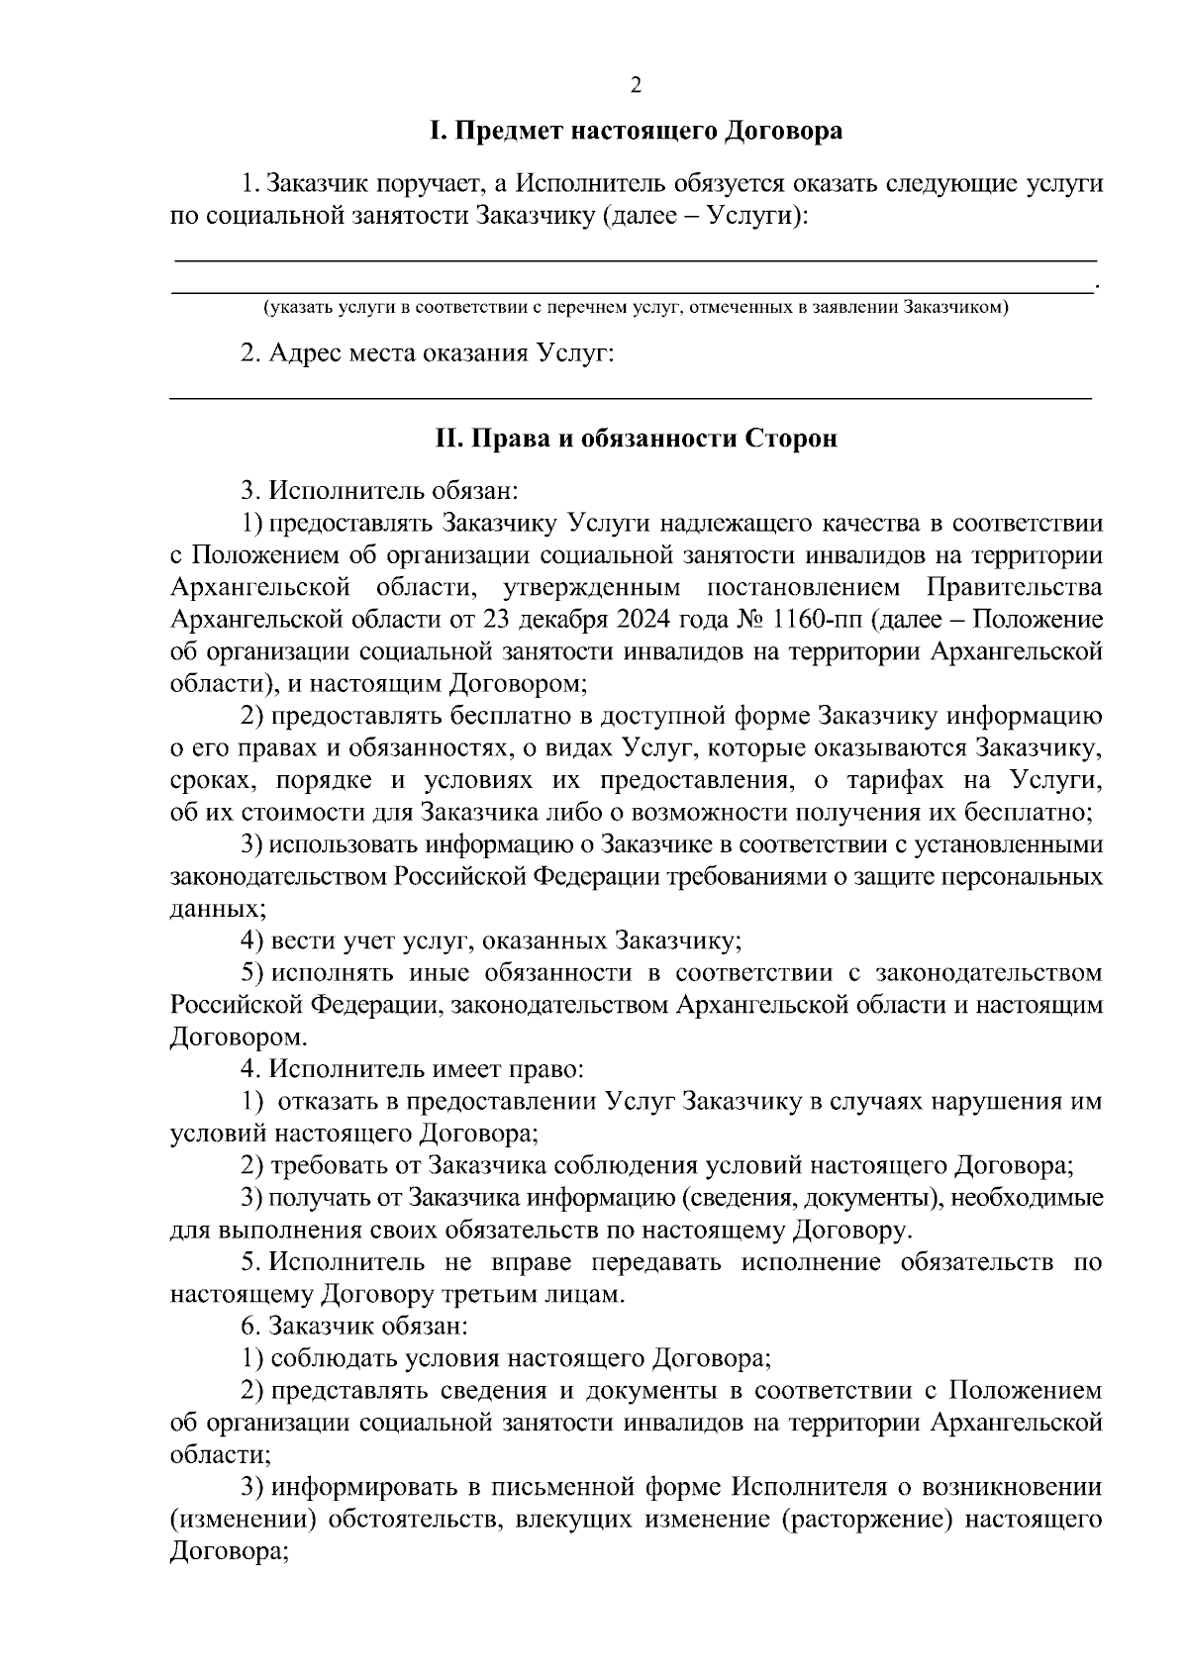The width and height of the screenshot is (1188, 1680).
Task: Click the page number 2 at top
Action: pos(636,86)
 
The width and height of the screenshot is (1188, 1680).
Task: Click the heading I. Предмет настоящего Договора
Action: pos(636,131)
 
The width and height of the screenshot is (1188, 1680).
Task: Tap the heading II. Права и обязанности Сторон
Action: pos(637,438)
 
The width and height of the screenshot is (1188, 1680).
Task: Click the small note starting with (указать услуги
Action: pos(635,308)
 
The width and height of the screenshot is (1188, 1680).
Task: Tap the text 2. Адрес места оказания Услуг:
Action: pos(428,353)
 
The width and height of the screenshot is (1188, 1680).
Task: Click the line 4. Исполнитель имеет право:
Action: pos(413,1069)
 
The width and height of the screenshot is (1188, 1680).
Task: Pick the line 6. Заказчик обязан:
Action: pos(361,1326)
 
